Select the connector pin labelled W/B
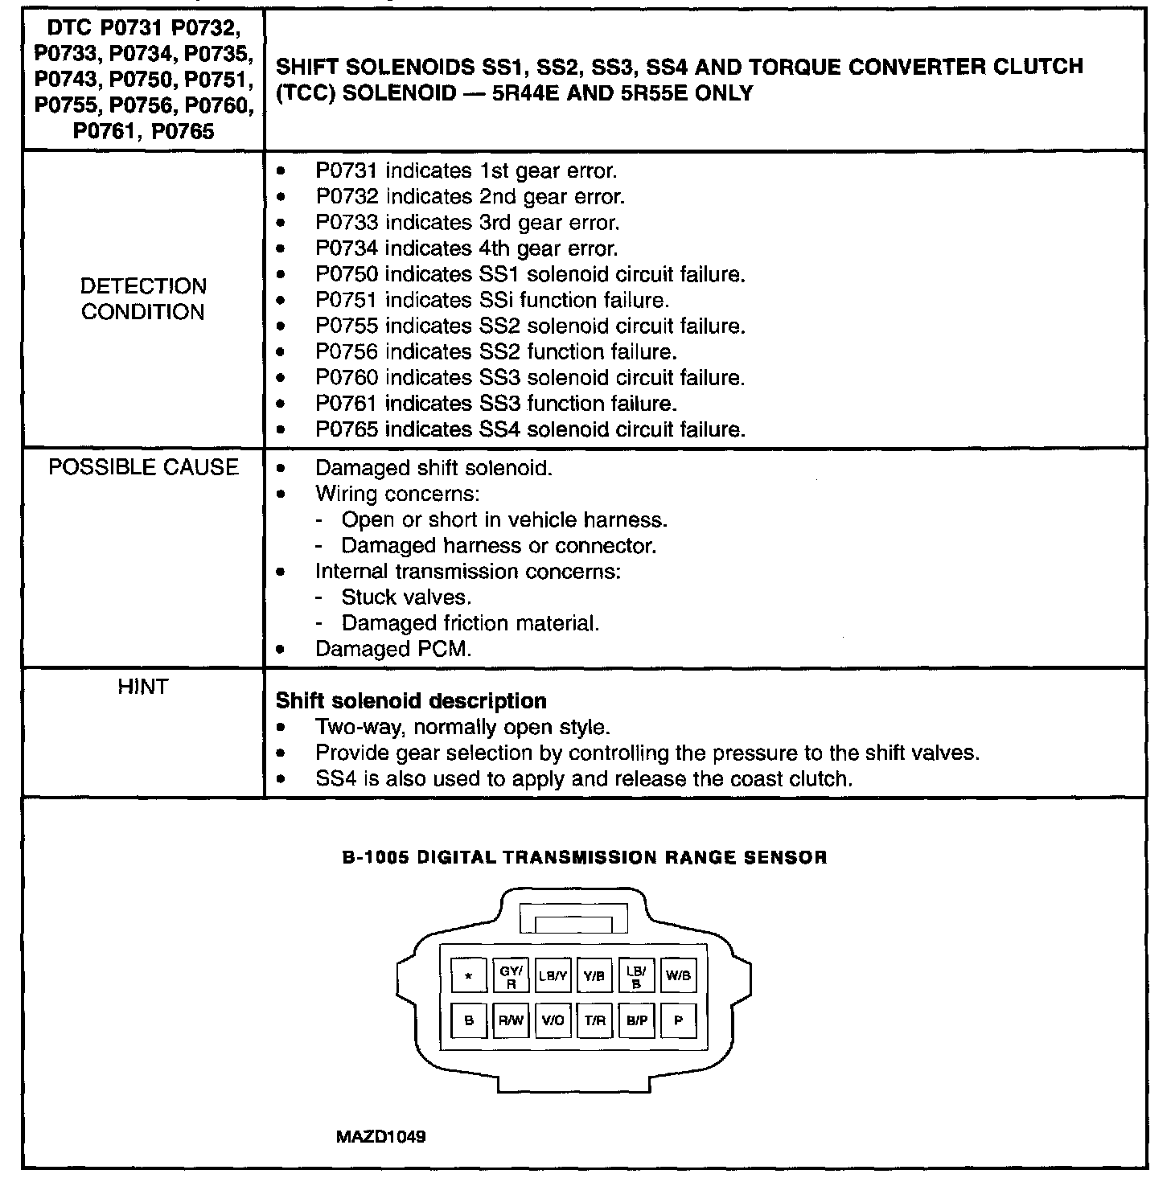pyautogui.click(x=678, y=976)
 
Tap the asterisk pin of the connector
pyautogui.click(x=468, y=976)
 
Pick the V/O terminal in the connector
pyautogui.click(x=553, y=1020)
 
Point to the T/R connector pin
pyautogui.click(x=594, y=1020)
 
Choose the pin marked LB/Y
pyautogui.click(x=553, y=976)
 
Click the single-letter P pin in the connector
pyautogui.click(x=678, y=1020)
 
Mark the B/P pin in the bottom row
pyautogui.click(x=636, y=1020)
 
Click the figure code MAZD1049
pyautogui.click(x=381, y=1137)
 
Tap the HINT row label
pyautogui.click(x=143, y=687)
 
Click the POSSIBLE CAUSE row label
pyautogui.click(x=143, y=468)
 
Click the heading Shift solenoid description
pyautogui.click(x=411, y=700)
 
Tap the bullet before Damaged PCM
pyautogui.click(x=280, y=649)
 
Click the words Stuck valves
pyautogui.click(x=406, y=597)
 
